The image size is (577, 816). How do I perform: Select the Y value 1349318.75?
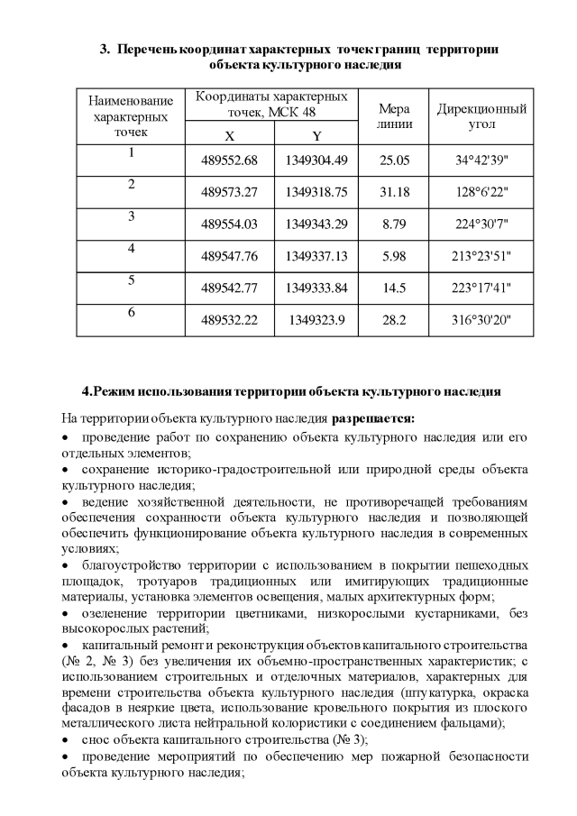point(316,192)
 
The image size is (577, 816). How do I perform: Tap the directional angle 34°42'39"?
point(481,160)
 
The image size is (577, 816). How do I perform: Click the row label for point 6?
point(131,311)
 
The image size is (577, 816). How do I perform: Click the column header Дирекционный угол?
point(481,115)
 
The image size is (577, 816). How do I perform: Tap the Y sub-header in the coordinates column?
point(316,136)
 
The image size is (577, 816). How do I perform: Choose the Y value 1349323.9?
point(316,319)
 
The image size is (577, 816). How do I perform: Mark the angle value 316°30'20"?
point(481,319)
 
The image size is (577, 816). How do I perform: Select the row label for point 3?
point(131,215)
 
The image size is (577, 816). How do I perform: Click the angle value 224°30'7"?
point(481,224)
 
